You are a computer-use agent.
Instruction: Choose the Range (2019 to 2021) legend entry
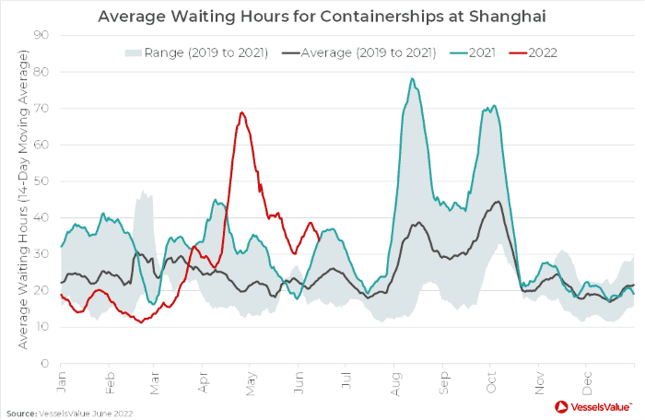[x=196, y=52]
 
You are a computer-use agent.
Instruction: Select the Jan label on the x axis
[x=61, y=378]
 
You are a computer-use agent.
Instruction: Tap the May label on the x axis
[x=252, y=378]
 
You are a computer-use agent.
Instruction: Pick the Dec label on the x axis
[x=587, y=378]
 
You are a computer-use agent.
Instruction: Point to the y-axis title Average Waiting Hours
[x=20, y=199]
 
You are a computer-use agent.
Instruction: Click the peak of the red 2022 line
[x=241, y=112]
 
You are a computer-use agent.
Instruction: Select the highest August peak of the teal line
[x=412, y=78]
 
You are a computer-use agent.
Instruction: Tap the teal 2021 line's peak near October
[x=494, y=105]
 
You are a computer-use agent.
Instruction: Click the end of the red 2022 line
[x=319, y=238]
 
